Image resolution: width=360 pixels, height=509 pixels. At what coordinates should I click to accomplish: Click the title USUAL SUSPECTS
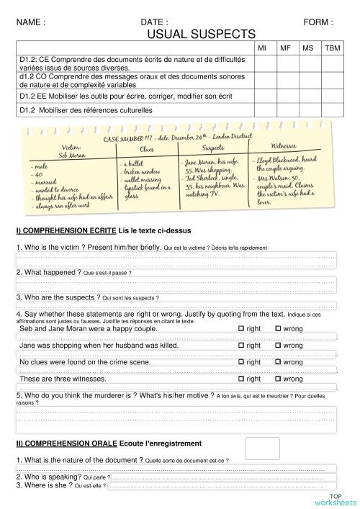tap(201, 33)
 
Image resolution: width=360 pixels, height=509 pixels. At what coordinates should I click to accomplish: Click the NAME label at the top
tap(31, 22)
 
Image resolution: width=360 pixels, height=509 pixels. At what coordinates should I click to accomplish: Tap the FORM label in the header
tap(318, 22)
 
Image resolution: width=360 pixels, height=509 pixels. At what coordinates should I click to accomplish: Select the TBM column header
tap(332, 48)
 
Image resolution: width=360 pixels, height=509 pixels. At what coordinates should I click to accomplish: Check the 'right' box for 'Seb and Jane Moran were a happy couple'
tap(240, 328)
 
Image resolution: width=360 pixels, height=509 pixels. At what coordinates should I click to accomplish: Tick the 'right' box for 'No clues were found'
tap(240, 362)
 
